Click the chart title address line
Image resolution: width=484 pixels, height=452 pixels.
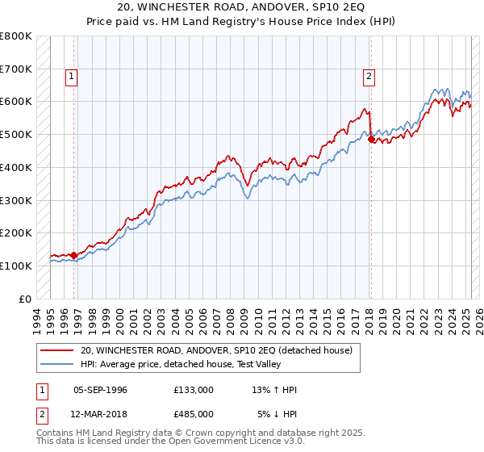click(242, 9)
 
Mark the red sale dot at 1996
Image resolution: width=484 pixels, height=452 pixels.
click(74, 255)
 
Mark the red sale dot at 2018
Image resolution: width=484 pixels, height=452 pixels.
click(371, 139)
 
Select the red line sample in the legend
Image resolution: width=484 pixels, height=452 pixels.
click(57, 351)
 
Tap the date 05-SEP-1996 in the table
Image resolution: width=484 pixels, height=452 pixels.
click(100, 390)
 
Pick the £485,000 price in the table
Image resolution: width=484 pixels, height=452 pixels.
click(194, 413)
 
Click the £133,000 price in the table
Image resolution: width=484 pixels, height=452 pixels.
click(194, 390)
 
